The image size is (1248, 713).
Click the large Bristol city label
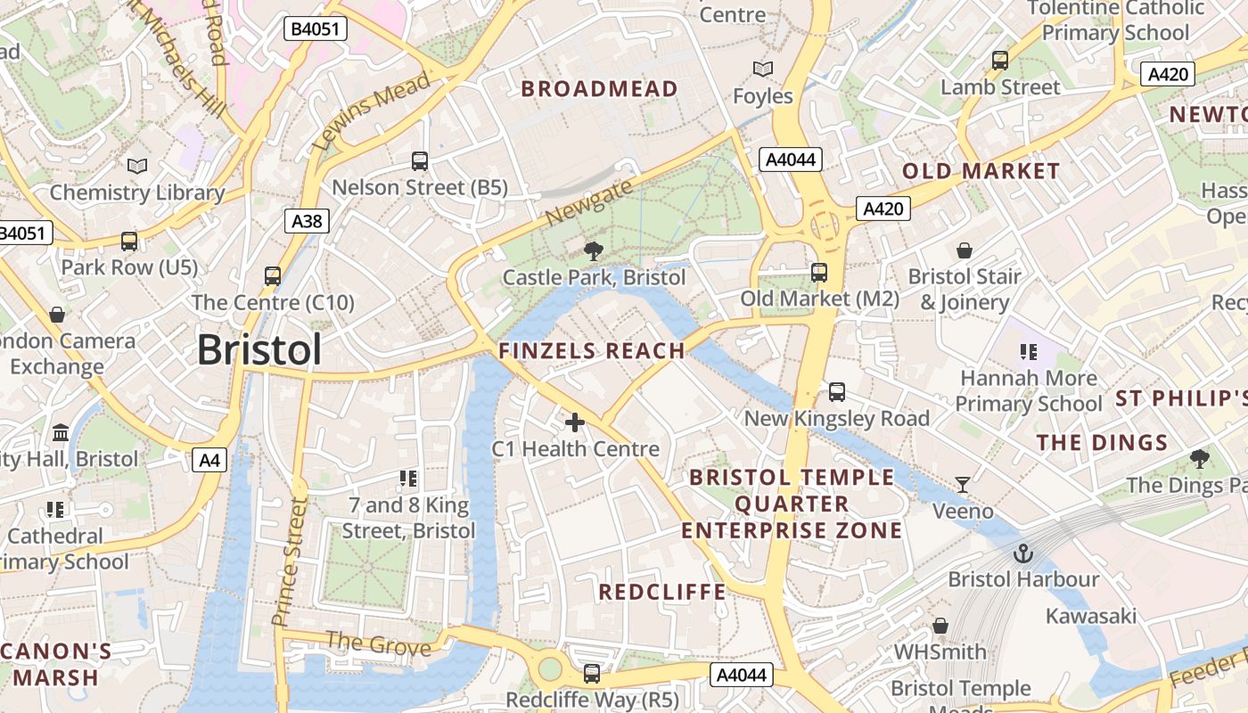(259, 349)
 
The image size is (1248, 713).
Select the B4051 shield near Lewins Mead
(316, 29)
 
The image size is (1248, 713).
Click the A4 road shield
(209, 460)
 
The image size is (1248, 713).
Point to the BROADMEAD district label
(599, 88)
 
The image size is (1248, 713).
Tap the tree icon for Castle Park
(593, 251)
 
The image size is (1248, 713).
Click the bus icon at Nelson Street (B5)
(420, 161)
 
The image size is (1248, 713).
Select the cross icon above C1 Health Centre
(575, 422)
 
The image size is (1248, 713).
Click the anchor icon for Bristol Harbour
(1023, 553)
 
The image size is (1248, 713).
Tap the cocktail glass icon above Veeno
(963, 485)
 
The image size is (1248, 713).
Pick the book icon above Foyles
(762, 69)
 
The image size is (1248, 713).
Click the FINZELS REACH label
(592, 351)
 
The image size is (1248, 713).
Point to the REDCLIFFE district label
(662, 592)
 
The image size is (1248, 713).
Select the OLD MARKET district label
(981, 171)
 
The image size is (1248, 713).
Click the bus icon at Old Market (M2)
(819, 273)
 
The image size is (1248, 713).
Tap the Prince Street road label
(290, 561)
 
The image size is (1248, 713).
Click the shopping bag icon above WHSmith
(940, 627)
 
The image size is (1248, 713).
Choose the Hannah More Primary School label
(1029, 391)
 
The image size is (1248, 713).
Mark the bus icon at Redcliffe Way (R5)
(592, 674)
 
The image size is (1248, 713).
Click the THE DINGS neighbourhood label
(1102, 443)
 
